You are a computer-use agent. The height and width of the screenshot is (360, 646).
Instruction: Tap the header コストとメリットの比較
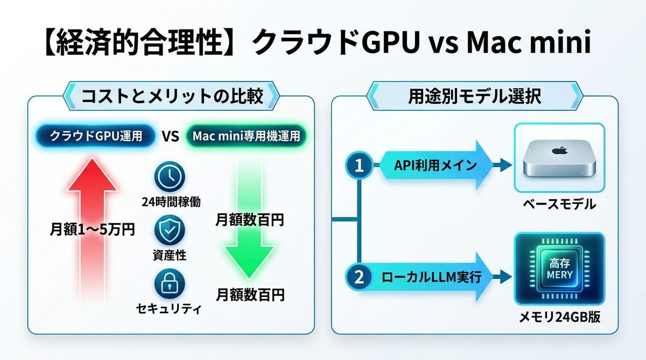pyautogui.click(x=172, y=97)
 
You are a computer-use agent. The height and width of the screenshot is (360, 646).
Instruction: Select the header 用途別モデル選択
pyautogui.click(x=474, y=97)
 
